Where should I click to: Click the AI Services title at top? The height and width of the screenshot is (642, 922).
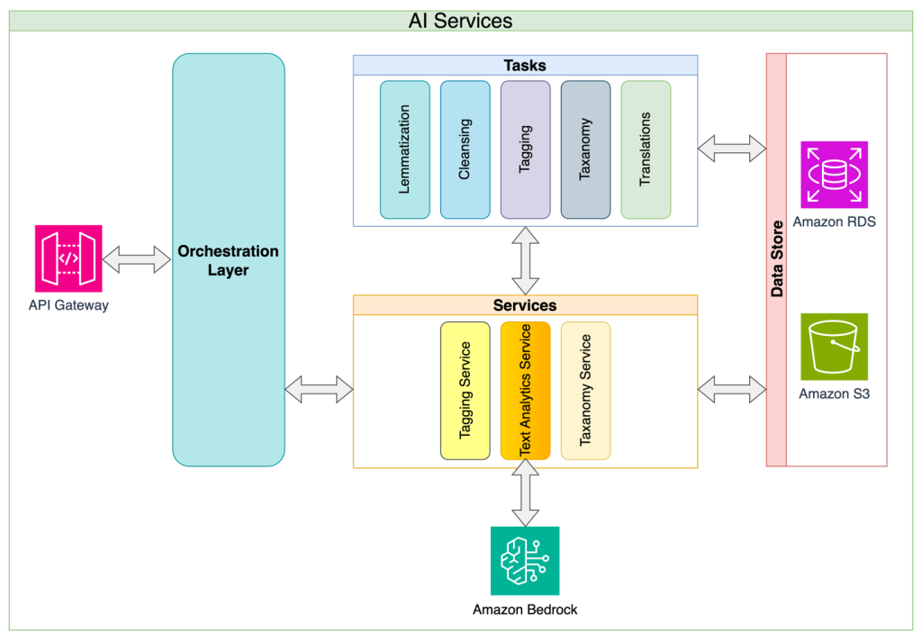coord(460,21)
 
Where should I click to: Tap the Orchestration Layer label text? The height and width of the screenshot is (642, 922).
coord(228,260)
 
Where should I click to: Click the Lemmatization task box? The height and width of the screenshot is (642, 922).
coord(404,149)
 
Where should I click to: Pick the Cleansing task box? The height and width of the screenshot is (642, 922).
coord(465,149)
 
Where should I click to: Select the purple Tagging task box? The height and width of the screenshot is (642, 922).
coord(525,149)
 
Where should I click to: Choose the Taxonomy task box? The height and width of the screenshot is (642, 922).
coord(585,149)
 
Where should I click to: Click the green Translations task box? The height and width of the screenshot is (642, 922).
coord(646,149)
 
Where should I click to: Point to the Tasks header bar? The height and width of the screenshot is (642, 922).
coord(524,65)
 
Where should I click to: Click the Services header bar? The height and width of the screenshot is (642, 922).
coord(524,305)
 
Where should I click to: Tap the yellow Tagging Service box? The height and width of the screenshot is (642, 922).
coord(465,390)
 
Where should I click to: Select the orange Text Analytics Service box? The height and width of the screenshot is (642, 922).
coord(525,390)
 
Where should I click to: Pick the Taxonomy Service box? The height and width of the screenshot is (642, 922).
coord(585,390)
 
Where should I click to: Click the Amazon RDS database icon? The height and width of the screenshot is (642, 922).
coord(834,174)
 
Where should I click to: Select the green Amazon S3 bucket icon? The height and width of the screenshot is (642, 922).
coord(834,346)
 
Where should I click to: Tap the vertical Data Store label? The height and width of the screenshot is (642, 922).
coord(776,261)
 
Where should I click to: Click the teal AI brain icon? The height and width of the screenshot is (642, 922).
coord(524,560)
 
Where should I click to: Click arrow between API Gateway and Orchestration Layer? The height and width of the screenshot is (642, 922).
coord(137,259)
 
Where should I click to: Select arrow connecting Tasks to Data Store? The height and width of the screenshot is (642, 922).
coord(731,148)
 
